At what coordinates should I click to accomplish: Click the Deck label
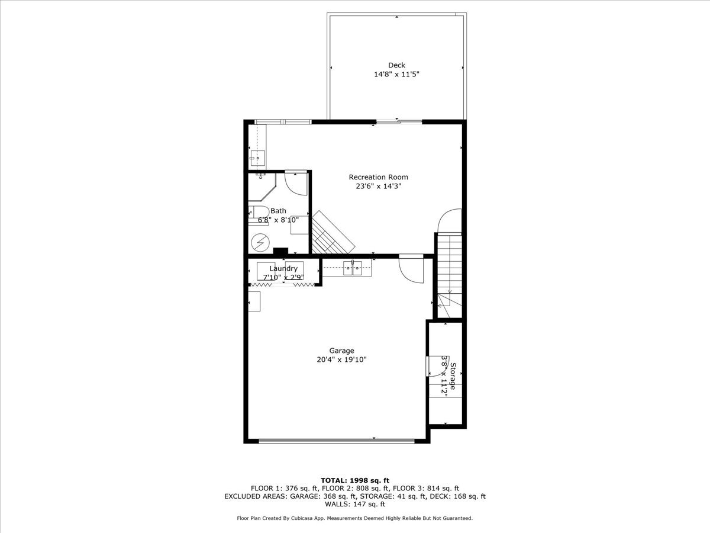(396, 65)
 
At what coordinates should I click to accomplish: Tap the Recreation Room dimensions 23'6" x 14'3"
(378, 187)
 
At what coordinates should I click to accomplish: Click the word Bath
(278, 211)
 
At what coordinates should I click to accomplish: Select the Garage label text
(341, 351)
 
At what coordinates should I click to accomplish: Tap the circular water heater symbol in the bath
(259, 242)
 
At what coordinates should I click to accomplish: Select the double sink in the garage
(353, 269)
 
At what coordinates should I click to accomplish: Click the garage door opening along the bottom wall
(337, 441)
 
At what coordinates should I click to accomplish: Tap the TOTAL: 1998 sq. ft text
(354, 480)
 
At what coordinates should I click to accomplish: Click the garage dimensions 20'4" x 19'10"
(341, 359)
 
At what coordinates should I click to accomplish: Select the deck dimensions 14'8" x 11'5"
(396, 75)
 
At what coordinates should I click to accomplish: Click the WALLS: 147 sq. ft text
(355, 505)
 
